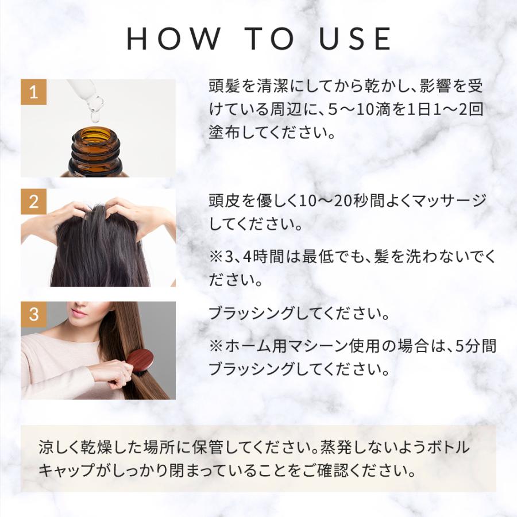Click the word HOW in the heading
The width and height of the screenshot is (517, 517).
[x=173, y=39]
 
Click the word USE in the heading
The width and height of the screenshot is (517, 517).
[x=355, y=39]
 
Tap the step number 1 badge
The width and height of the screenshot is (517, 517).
[x=34, y=92]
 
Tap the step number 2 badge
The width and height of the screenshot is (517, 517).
[x=34, y=202]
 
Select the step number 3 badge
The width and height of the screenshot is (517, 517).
[x=34, y=314]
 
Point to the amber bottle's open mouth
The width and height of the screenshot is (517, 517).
[x=96, y=136]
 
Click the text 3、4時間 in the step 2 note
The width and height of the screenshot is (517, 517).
[x=254, y=257]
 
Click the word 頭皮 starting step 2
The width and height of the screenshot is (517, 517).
[x=225, y=201]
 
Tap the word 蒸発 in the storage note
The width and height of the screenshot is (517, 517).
[x=336, y=447]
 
